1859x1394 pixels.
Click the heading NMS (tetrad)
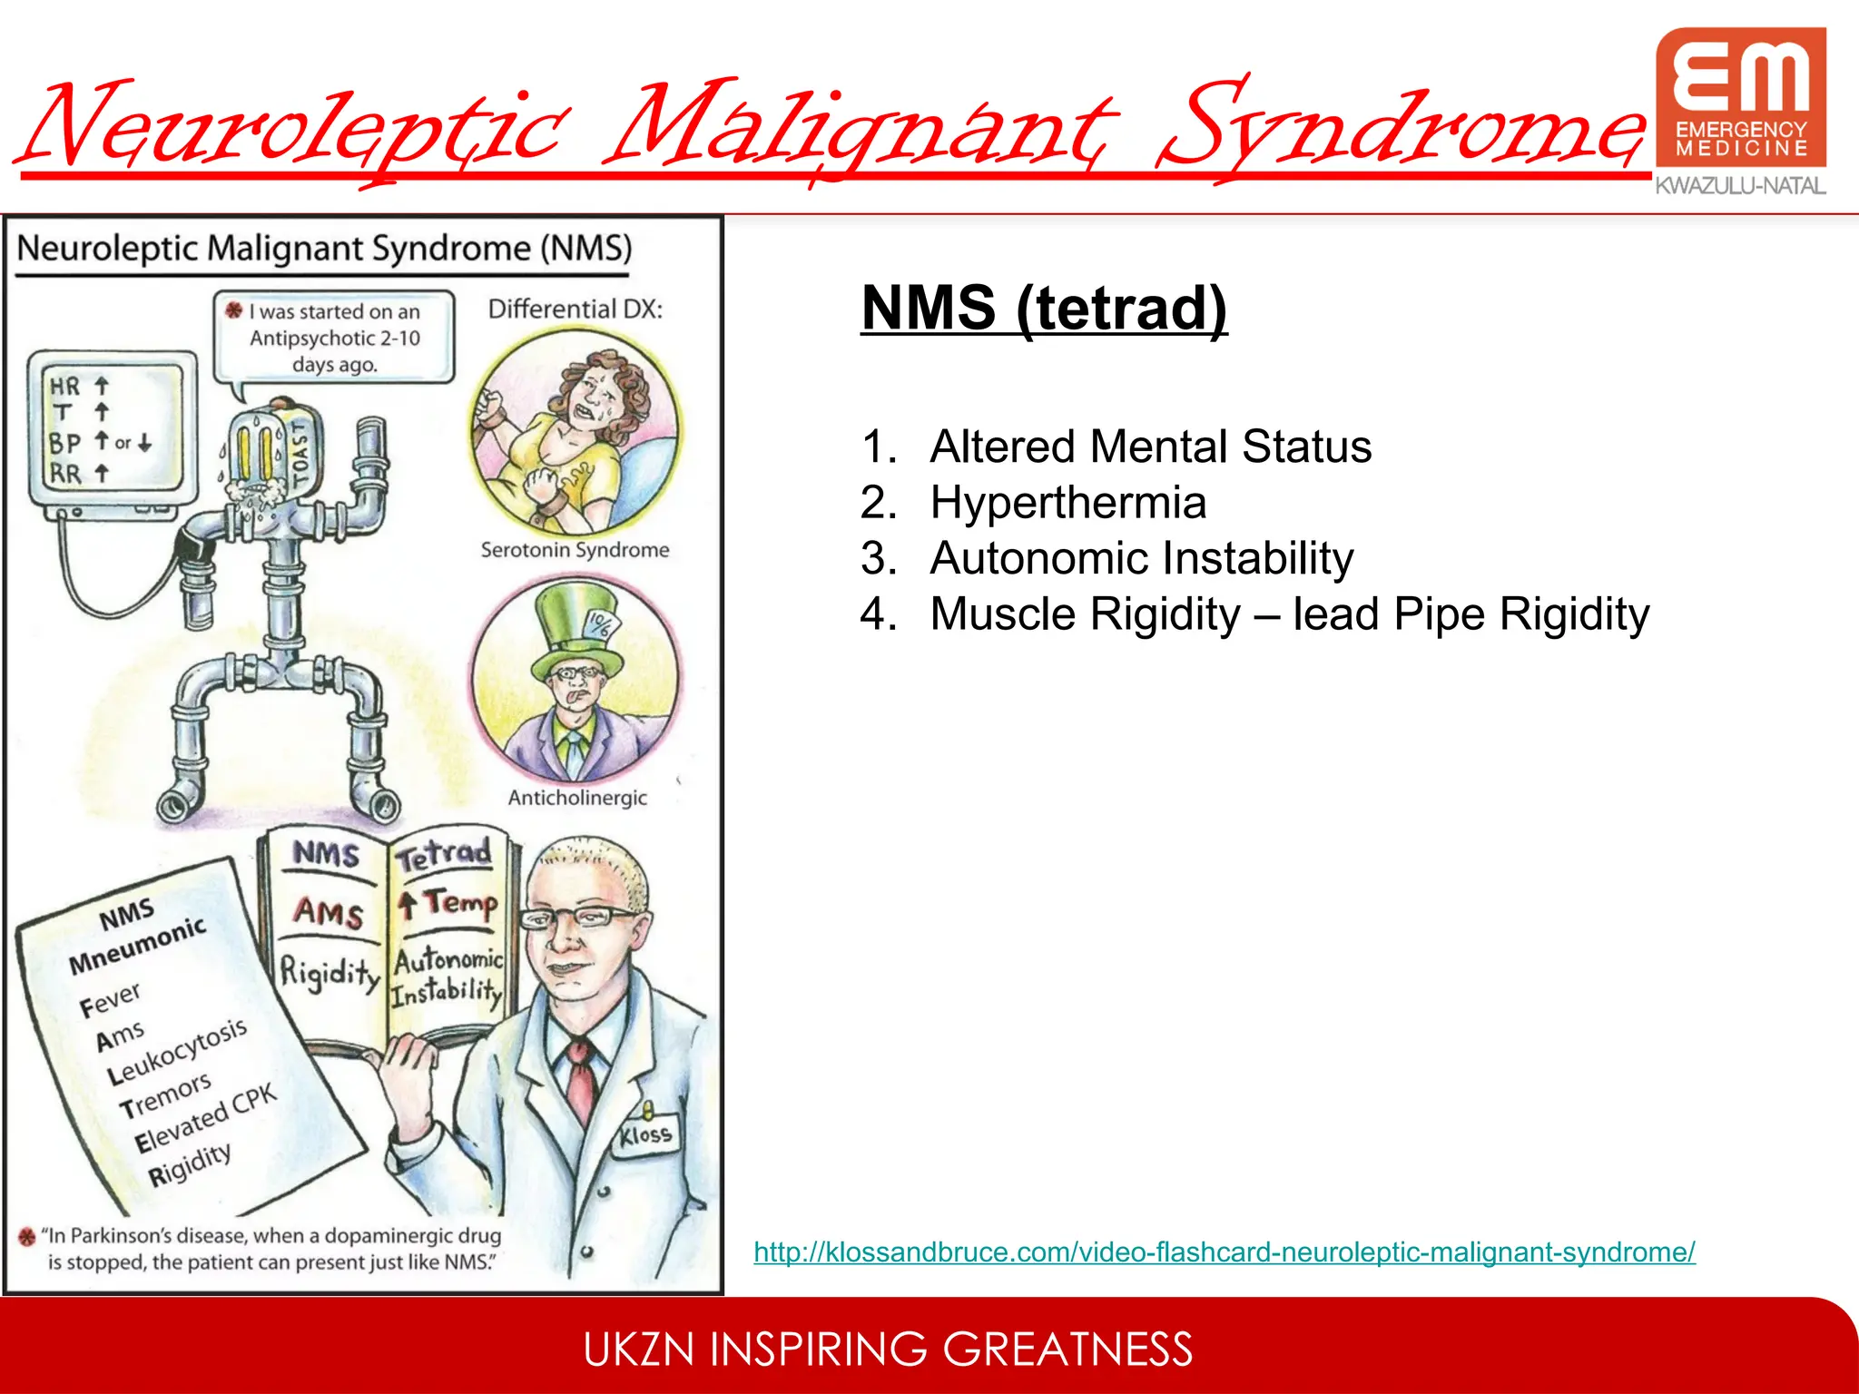pos(1044,309)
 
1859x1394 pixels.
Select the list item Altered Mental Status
pos(1150,447)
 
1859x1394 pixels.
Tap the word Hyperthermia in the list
pos(1068,503)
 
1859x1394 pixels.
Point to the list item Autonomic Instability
pos(1141,558)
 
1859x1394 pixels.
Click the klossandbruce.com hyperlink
pos(1224,1252)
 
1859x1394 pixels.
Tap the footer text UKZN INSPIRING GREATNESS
pos(888,1350)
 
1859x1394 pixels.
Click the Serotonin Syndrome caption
pos(575,550)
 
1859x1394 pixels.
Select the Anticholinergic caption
pos(577,798)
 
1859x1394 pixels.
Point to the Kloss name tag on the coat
pos(645,1135)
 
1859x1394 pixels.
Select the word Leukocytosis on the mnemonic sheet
pos(176,1052)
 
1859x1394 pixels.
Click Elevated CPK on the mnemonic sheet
pos(205,1120)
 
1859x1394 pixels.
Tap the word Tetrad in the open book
pos(445,853)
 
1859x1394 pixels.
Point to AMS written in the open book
pos(328,911)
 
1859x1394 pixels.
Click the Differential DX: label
pos(575,309)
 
